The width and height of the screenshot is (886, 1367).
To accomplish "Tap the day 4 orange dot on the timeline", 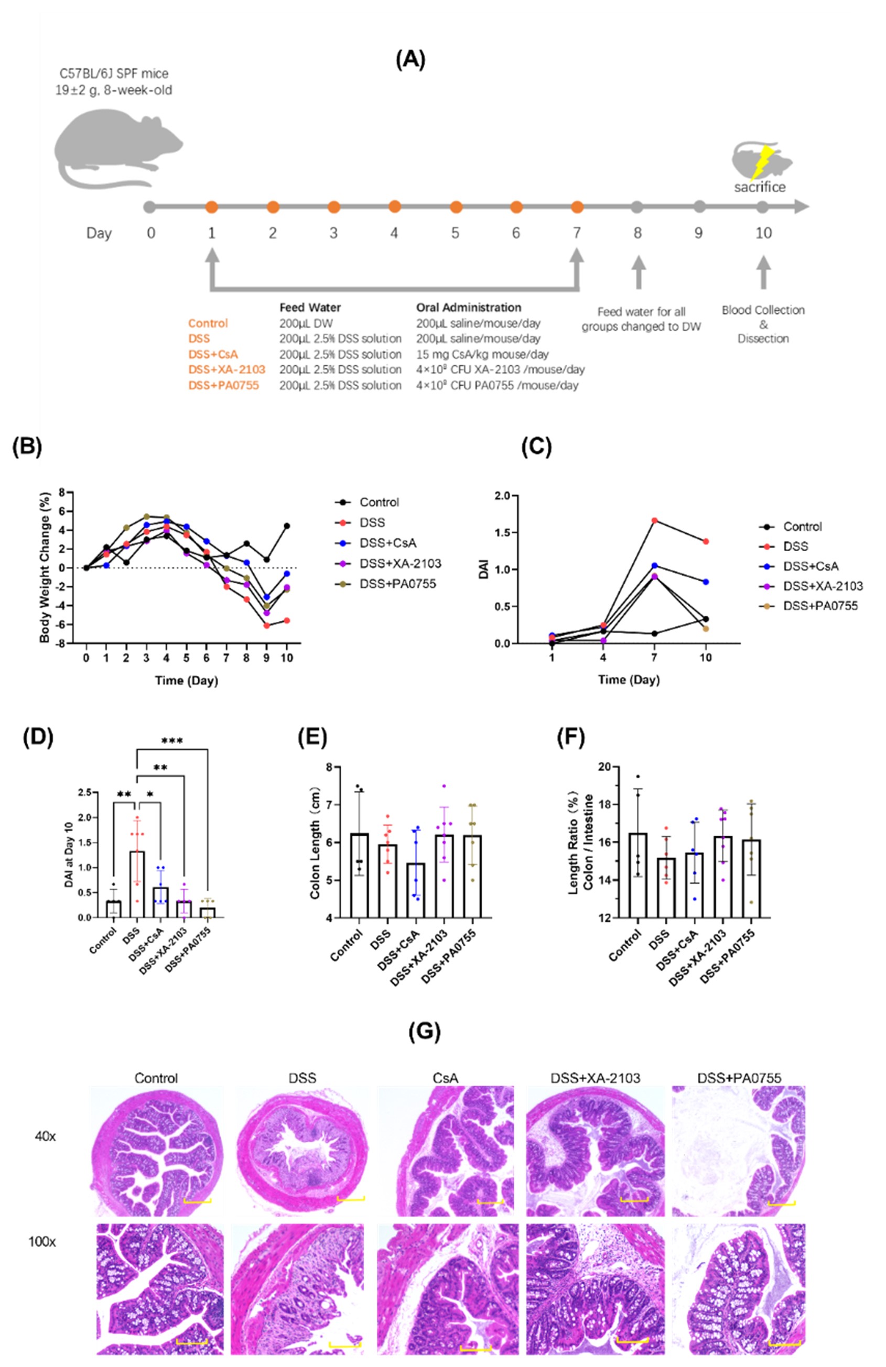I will pyautogui.click(x=394, y=206).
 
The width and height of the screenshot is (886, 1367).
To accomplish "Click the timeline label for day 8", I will pyautogui.click(x=637, y=233).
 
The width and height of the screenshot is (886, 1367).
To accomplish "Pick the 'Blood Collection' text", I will pyautogui.click(x=762, y=310).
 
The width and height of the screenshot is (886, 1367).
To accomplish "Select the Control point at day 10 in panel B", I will pyautogui.click(x=286, y=526).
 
